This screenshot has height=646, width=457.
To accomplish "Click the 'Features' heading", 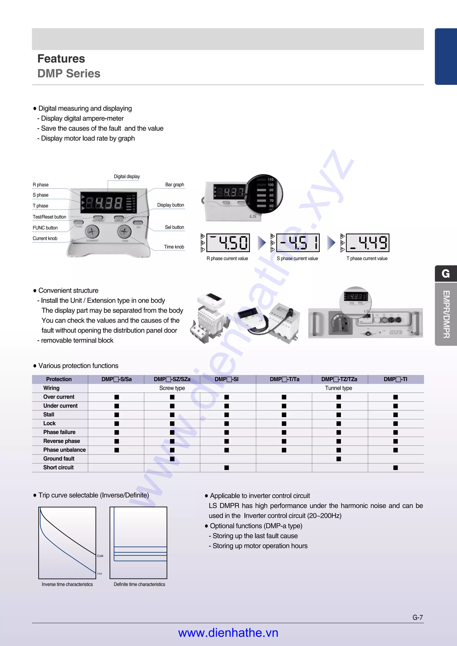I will [61, 59].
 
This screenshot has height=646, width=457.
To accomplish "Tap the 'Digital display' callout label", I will [127, 176].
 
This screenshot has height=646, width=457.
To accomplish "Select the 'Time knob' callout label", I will [174, 247].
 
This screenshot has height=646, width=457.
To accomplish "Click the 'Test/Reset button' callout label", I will [49, 217].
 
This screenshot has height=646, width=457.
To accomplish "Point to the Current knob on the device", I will [92, 232].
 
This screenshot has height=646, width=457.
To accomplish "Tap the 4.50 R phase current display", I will [228, 243].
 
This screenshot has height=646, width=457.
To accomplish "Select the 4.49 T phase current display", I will [368, 243].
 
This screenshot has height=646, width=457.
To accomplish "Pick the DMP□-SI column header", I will [227, 379].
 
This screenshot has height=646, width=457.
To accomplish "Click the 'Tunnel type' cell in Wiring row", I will [339, 388].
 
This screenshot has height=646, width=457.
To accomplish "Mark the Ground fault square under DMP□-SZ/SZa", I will [172, 459].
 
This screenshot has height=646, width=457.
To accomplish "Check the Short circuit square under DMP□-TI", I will [396, 468].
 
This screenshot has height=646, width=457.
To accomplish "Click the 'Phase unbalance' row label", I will [64, 450].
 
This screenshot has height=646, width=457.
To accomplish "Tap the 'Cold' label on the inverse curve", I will [100, 556].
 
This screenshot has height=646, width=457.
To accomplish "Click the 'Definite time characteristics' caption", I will [139, 584].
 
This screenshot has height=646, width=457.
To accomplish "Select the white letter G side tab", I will [445, 274].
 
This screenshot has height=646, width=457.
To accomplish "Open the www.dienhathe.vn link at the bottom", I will [228, 633].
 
